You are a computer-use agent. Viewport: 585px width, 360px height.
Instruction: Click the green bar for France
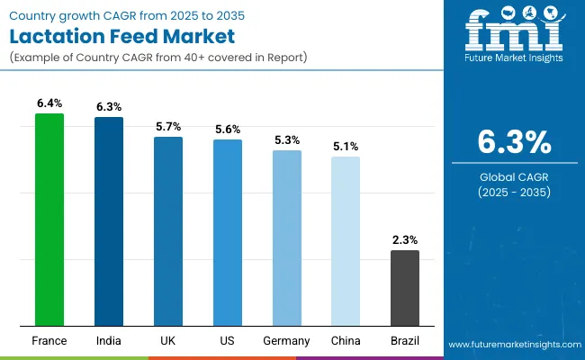(x=49, y=220)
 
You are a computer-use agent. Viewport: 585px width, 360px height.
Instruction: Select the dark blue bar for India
(x=109, y=221)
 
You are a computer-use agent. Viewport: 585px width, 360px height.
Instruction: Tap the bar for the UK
(x=168, y=231)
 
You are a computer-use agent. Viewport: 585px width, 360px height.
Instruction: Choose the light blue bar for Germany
(x=287, y=238)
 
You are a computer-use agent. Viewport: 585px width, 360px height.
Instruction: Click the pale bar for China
(x=346, y=241)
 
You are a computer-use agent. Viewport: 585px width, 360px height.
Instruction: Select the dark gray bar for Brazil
(x=405, y=288)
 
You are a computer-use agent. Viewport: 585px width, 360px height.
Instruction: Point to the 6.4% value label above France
(x=49, y=104)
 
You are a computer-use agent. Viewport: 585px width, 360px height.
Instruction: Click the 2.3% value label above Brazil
(x=405, y=240)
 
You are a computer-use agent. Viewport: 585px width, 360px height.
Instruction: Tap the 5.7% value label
(x=168, y=127)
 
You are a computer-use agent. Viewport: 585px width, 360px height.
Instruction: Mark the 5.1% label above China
(x=346, y=147)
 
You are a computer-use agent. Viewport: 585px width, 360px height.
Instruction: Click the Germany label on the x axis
(x=287, y=341)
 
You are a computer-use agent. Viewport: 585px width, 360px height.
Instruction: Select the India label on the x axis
(x=109, y=341)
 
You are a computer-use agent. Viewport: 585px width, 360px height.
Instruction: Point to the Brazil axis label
(x=405, y=341)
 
